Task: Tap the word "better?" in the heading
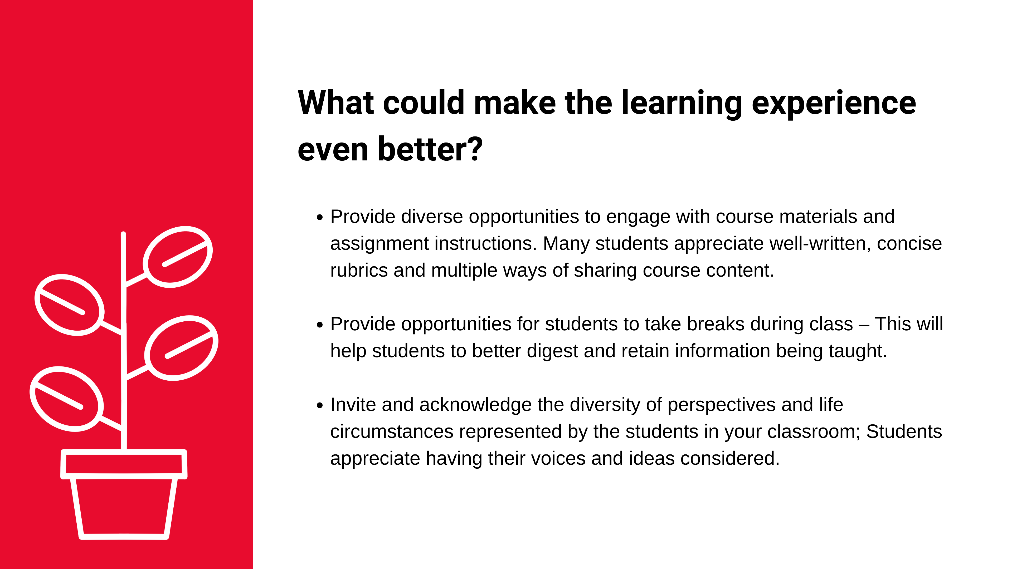(x=430, y=149)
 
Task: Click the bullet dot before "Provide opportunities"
(x=319, y=325)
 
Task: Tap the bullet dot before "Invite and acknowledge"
(x=319, y=406)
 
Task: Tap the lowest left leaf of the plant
(x=67, y=399)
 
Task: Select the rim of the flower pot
(x=124, y=464)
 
